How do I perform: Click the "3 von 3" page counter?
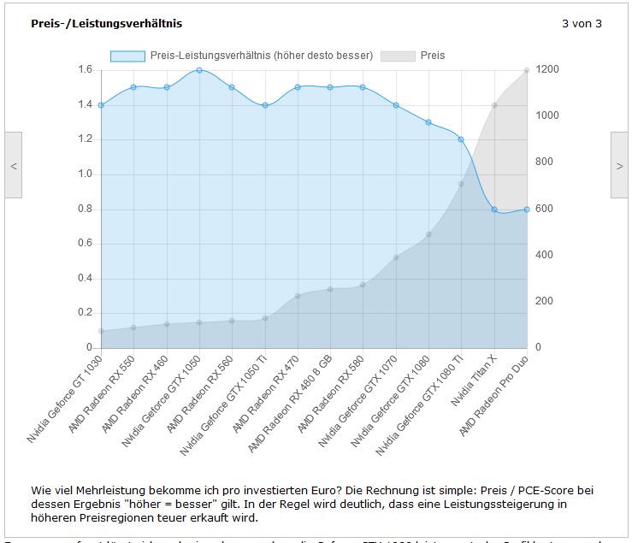point(582,24)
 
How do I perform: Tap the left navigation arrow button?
point(13,166)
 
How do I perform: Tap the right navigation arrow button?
point(620,166)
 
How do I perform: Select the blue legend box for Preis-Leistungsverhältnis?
point(127,56)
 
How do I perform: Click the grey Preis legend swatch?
point(398,56)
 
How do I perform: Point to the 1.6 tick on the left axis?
point(86,69)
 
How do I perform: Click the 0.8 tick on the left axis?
point(86,209)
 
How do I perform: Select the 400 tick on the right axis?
point(541,255)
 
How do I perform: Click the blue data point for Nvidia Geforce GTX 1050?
point(199,70)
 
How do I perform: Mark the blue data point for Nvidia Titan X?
point(494,209)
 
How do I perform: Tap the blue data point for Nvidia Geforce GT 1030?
point(101,105)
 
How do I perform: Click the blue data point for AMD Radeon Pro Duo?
point(527,209)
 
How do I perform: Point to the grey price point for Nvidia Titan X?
point(494,105)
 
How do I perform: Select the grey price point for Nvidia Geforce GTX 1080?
point(428,234)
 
